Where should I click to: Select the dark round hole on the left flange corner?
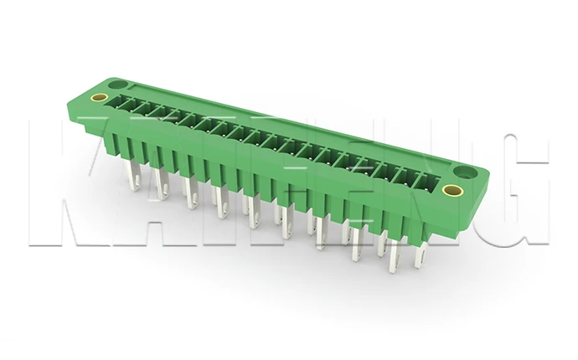click(118, 85)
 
